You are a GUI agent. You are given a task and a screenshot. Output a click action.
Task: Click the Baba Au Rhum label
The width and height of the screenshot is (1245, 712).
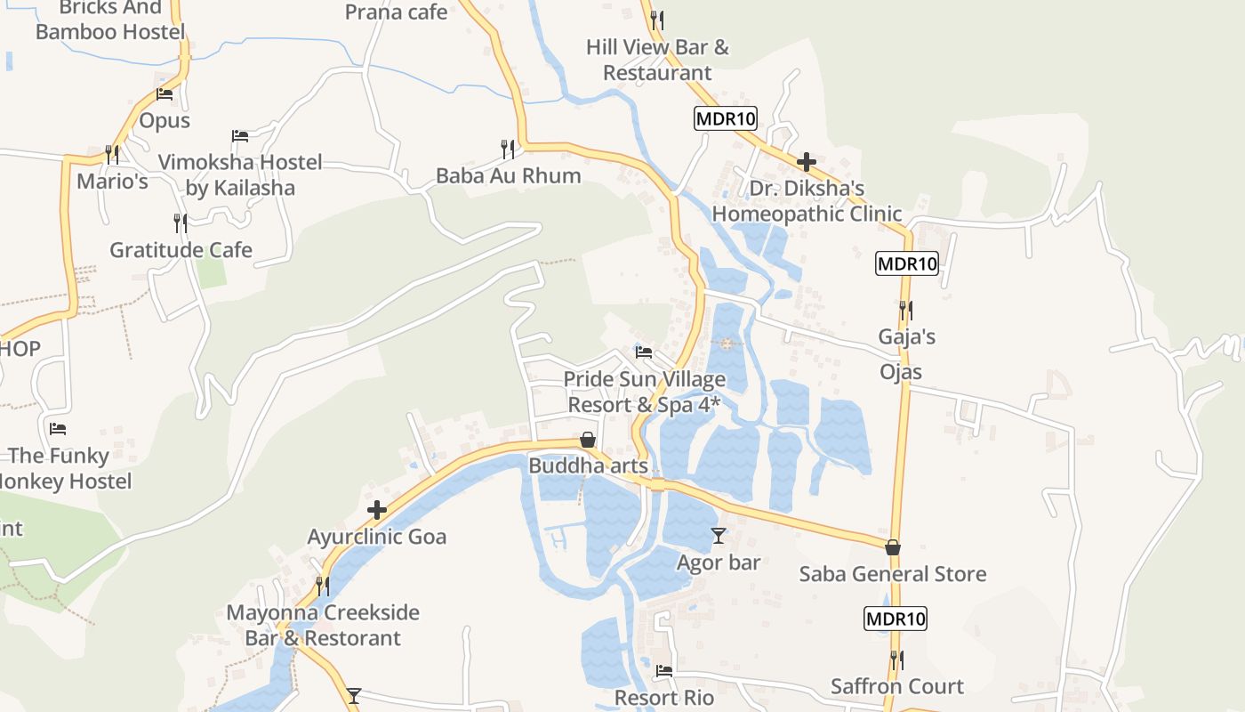coord(508,175)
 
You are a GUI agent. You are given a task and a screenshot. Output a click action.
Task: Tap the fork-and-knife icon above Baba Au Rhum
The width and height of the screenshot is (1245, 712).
coord(508,147)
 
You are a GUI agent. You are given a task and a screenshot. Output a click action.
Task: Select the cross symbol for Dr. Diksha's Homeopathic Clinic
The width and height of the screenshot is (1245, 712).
coord(807,162)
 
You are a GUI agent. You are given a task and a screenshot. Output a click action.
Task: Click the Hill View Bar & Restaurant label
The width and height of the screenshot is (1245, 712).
coord(657,60)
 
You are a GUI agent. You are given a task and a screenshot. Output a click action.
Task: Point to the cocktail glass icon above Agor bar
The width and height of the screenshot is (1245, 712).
coord(719,536)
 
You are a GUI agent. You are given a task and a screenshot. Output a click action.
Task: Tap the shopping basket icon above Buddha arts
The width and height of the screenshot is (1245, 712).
coord(588,440)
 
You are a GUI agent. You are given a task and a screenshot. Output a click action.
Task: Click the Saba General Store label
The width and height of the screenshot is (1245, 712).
coord(893,574)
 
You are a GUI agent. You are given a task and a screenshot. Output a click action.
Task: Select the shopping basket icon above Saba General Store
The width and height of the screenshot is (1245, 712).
coord(893,547)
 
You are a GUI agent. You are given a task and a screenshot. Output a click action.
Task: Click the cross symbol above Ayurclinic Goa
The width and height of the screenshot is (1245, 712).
coord(377,510)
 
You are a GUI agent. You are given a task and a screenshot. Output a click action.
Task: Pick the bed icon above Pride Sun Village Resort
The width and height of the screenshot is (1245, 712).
coord(644,352)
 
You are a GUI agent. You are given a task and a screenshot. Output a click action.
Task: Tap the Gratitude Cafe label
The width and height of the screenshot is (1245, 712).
coord(181,250)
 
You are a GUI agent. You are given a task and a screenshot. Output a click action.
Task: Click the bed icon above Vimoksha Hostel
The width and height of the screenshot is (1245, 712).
coord(240,136)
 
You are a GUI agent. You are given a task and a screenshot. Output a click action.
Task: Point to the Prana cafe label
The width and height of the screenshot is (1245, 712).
coord(396,12)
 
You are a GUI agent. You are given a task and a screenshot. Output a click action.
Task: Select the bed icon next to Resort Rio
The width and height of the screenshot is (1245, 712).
coord(664,671)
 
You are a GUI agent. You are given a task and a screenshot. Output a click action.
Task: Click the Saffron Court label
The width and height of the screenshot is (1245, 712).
coord(896,686)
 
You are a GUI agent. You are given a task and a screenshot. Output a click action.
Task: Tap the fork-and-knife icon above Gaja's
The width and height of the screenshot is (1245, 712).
coord(905,310)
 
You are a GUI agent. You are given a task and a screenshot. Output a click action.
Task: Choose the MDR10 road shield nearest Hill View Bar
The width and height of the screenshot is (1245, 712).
coord(726,118)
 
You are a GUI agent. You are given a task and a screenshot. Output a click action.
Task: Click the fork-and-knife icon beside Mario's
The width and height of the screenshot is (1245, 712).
coord(112,154)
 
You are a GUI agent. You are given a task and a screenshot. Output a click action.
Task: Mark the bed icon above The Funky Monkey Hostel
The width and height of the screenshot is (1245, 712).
coord(58,429)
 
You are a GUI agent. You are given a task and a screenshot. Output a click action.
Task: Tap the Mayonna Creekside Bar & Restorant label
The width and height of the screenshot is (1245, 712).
coord(323,625)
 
